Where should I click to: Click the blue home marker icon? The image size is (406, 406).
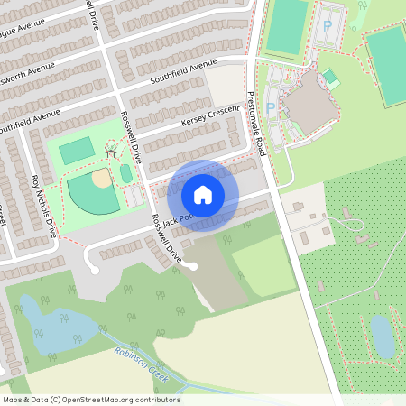point(203,194)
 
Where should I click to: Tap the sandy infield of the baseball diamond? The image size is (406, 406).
point(101,178)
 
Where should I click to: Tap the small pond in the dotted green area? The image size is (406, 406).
point(383,336)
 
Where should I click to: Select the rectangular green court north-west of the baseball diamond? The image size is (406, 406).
point(78,148)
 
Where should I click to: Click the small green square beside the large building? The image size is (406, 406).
point(329,76)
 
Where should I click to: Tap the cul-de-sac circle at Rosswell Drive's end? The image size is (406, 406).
point(193,265)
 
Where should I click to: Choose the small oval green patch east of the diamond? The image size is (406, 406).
point(126,172)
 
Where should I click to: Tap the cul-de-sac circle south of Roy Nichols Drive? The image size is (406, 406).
point(94,270)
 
